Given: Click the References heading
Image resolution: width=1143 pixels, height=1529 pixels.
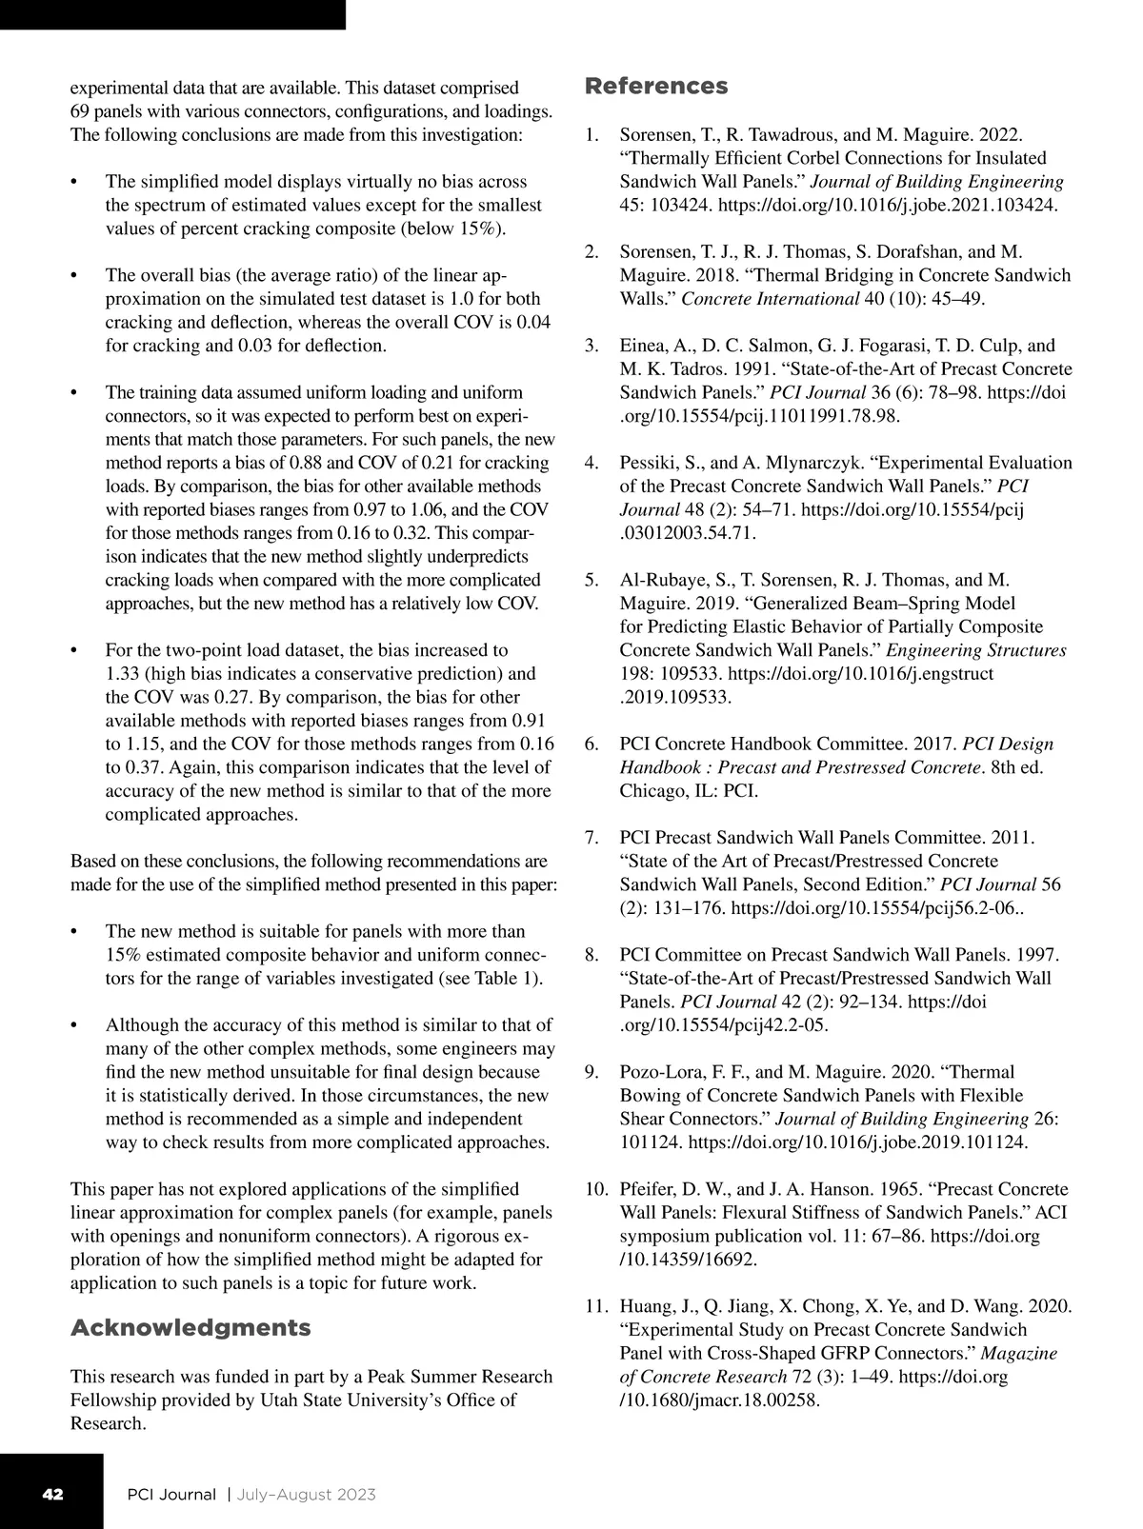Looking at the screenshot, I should (x=655, y=87).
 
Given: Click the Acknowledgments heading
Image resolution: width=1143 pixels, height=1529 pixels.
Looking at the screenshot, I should (x=190, y=1328).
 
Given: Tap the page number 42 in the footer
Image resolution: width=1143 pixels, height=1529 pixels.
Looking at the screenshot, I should (x=52, y=1494).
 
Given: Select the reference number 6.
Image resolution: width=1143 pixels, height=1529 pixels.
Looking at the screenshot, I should (x=592, y=744).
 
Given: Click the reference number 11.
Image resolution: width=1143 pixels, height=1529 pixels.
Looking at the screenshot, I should (x=594, y=1306).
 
